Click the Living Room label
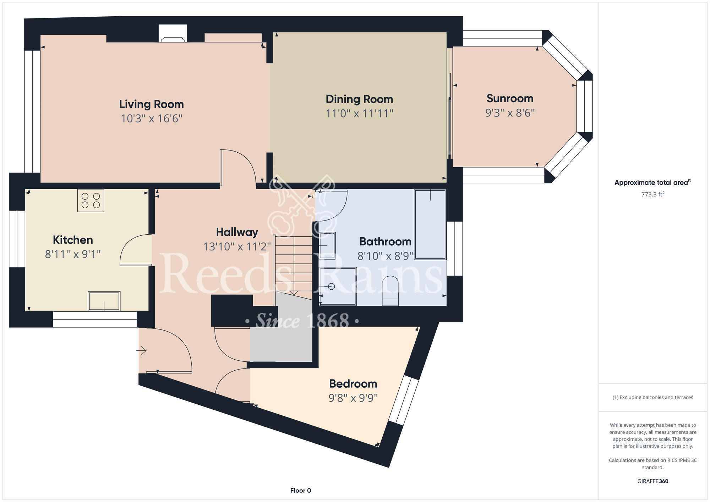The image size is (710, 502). click(x=152, y=104)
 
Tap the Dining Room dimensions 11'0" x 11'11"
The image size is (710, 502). click(x=360, y=114)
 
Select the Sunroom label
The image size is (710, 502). click(x=510, y=98)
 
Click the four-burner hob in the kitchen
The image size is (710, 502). click(x=91, y=201)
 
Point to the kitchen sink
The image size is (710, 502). click(x=104, y=301)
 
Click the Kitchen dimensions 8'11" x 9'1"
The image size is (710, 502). click(x=73, y=254)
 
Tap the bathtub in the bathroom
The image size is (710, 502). click(x=430, y=224)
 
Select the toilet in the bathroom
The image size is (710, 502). click(x=390, y=290)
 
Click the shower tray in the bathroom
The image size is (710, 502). click(x=338, y=286)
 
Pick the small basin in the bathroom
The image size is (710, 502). click(x=327, y=245)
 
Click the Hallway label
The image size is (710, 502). click(x=237, y=232)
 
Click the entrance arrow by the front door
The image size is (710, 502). click(x=141, y=351)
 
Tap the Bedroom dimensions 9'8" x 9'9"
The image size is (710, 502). click(x=353, y=398)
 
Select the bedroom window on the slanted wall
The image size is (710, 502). click(x=404, y=400)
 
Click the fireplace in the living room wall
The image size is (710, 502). click(x=173, y=33)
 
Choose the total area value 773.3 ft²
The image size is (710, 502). click(x=652, y=194)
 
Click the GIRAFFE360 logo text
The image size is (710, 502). click(x=652, y=481)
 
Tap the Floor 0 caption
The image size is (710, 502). click(x=300, y=490)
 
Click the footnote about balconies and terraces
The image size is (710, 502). click(x=652, y=397)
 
